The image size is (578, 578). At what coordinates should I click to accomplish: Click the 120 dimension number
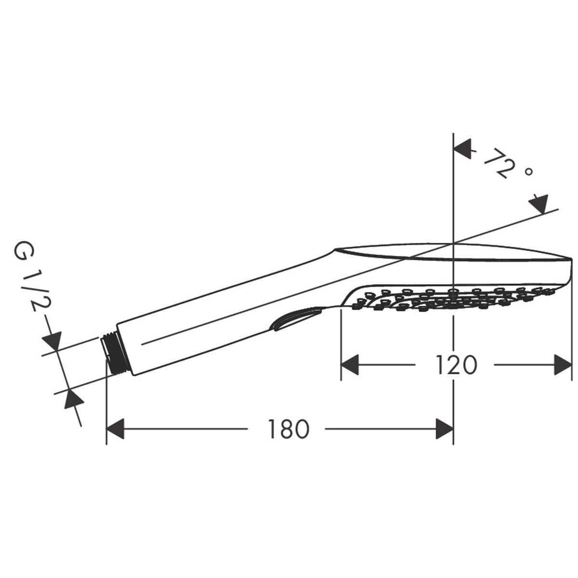point(456,365)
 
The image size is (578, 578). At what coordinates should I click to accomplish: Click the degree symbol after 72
point(528,171)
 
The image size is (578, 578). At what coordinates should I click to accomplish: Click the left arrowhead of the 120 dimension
point(351,365)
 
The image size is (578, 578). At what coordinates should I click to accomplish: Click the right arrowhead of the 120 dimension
point(562,365)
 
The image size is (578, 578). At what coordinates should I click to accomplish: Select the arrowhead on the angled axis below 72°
point(539,204)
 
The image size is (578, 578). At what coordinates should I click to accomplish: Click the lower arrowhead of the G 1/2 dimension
point(72,398)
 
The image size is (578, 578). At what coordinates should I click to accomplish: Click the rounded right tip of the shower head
point(569,270)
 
